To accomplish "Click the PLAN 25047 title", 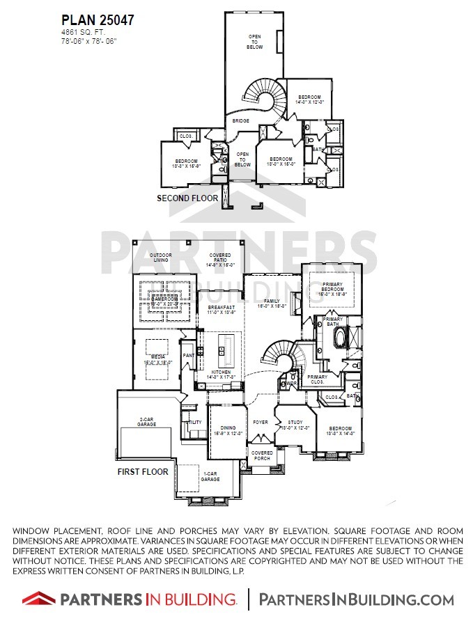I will click(97, 20).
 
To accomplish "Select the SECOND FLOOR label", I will click(187, 198).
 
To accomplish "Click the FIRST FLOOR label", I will click(143, 471).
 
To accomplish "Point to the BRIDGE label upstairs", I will click(241, 121).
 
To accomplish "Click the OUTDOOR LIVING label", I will click(160, 257).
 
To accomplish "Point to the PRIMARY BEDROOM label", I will click(332, 290).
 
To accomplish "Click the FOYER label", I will click(260, 422).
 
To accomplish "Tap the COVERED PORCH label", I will click(262, 455).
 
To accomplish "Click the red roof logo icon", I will click(38, 597).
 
